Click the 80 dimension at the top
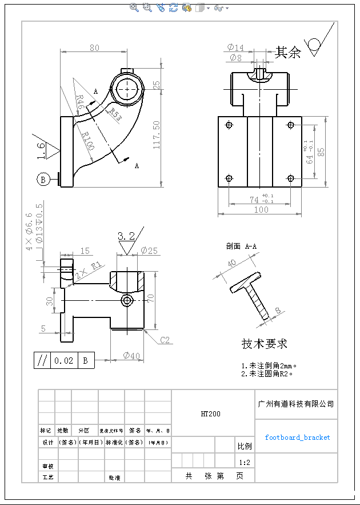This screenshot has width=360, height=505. (94, 48)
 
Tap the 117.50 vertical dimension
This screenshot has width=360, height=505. (157, 134)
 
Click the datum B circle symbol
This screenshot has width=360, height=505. (43, 180)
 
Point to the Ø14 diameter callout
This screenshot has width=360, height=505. (235, 47)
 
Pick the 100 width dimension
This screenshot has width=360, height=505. (261, 209)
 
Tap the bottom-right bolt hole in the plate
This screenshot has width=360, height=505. (290, 178)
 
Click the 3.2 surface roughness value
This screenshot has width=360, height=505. (126, 236)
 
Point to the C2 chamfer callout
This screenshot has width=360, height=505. (165, 340)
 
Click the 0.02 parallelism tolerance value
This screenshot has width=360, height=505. (63, 361)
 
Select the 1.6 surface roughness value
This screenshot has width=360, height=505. (41, 150)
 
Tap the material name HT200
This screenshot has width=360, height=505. (210, 413)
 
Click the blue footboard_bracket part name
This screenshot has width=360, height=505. (297, 438)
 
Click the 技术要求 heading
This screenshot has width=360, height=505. (264, 344)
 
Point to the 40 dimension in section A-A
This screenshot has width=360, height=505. (231, 264)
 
